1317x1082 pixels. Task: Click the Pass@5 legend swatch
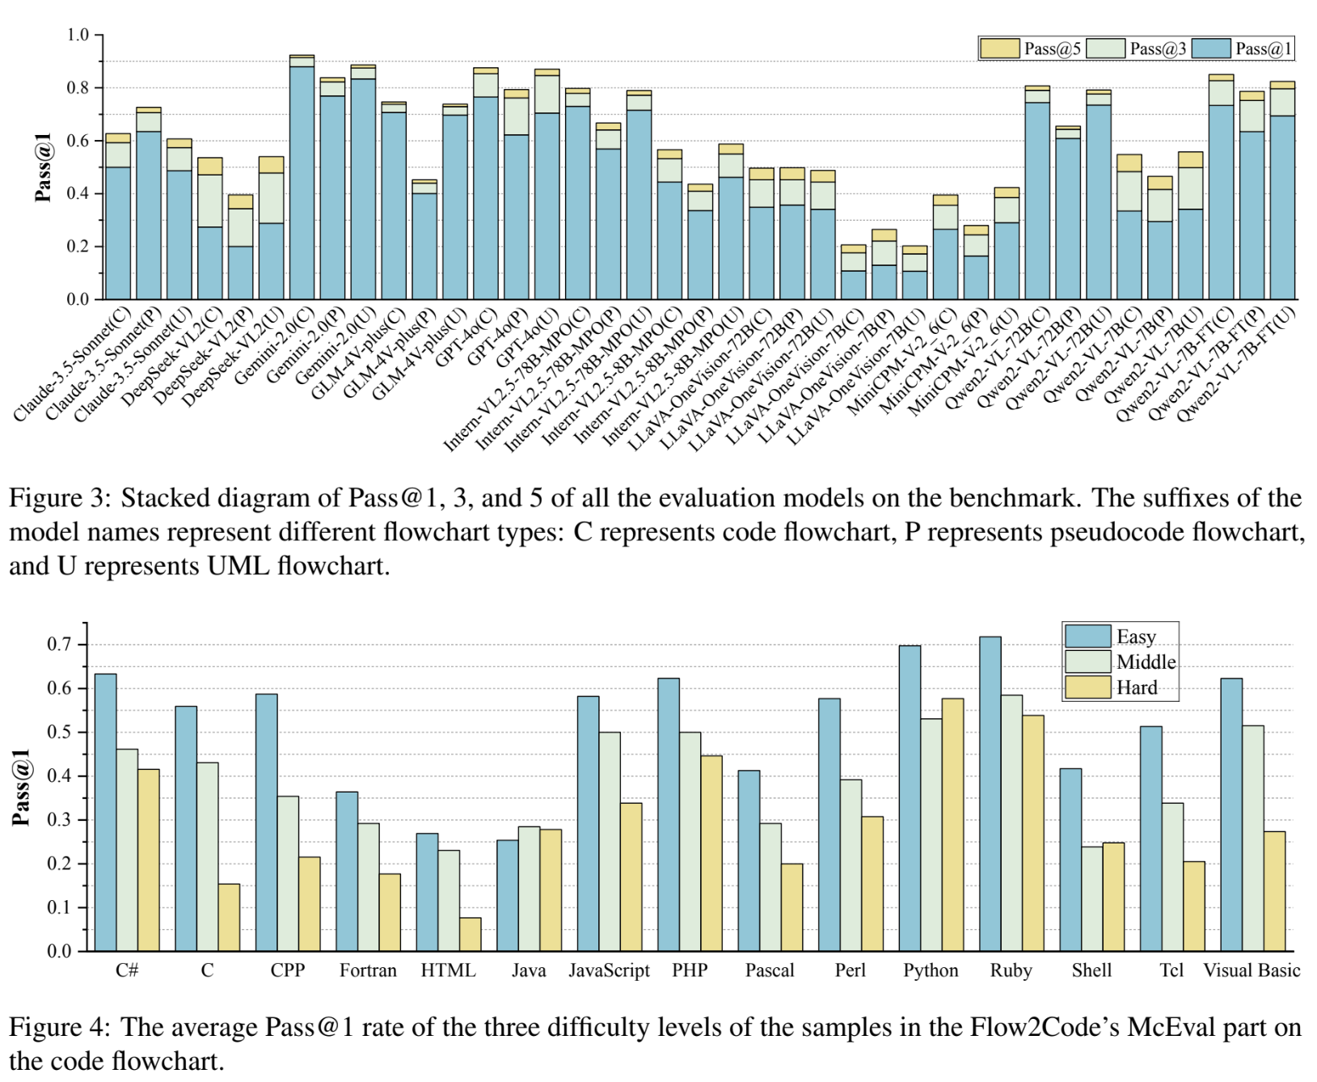999,49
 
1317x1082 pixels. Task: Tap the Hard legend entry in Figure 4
1136,687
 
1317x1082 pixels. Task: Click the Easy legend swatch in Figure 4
1087,636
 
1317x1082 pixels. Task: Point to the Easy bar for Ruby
990,793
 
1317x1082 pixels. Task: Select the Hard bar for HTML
470,934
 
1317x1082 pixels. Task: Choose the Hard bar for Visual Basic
1274,890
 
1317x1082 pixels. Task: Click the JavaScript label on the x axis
609,970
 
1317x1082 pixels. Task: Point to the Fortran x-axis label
368,970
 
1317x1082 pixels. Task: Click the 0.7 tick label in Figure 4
60,645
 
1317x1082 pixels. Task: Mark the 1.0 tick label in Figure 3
78,35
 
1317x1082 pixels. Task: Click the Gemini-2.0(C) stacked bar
302,178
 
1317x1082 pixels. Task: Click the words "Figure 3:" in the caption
61,497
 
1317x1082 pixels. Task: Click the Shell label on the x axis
1091,970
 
